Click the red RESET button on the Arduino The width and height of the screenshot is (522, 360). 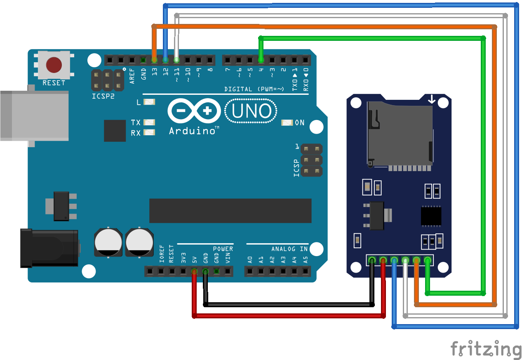click(54, 65)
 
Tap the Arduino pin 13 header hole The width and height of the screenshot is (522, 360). click(154, 60)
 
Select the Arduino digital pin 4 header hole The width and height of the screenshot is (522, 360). click(261, 60)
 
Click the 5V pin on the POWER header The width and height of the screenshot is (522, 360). click(194, 271)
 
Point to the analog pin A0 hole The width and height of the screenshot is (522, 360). click(249, 271)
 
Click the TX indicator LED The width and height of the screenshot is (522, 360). click(149, 122)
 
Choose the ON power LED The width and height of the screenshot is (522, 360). click(287, 122)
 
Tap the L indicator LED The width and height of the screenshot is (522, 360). click(149, 102)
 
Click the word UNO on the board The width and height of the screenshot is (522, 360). click(251, 111)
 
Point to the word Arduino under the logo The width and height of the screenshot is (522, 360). click(192, 131)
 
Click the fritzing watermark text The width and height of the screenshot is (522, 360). click(485, 349)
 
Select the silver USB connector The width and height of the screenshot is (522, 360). click(34, 115)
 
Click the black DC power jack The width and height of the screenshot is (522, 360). click(49, 247)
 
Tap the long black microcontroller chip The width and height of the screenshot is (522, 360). click(230, 211)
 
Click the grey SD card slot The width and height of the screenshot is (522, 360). click(399, 134)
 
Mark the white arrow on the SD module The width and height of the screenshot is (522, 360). click(431, 99)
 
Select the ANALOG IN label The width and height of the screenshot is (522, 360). click(289, 249)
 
